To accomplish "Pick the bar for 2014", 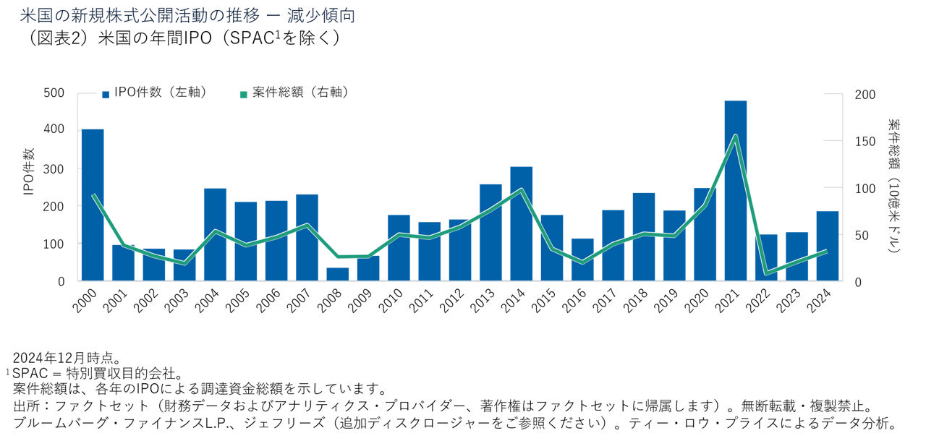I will (x=521, y=223).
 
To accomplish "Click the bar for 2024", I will (x=827, y=246).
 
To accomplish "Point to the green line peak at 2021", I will (x=735, y=136).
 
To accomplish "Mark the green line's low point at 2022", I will (x=766, y=273).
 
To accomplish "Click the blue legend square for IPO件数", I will (x=106, y=94).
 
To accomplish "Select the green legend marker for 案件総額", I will (x=244, y=94).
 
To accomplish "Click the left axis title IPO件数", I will (x=29, y=171).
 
